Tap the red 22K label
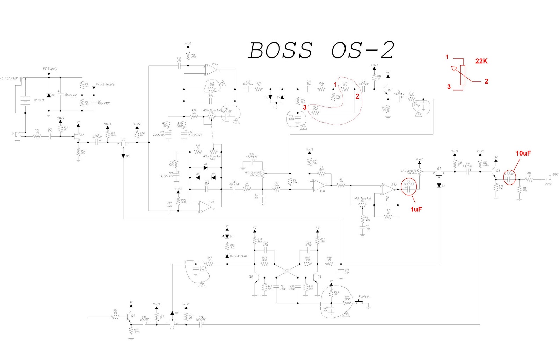[x=481, y=61]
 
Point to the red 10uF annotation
[x=523, y=153]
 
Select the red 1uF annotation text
[x=416, y=209]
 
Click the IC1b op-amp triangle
[x=387, y=189]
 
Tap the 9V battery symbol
[x=25, y=100]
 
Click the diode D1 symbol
[x=49, y=95]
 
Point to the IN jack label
[x=13, y=134]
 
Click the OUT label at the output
[x=555, y=174]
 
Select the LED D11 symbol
[x=227, y=237]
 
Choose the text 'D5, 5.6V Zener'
[x=238, y=256]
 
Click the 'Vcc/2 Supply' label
[x=105, y=85]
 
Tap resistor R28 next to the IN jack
[x=37, y=136]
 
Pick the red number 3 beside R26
[x=305, y=108]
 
